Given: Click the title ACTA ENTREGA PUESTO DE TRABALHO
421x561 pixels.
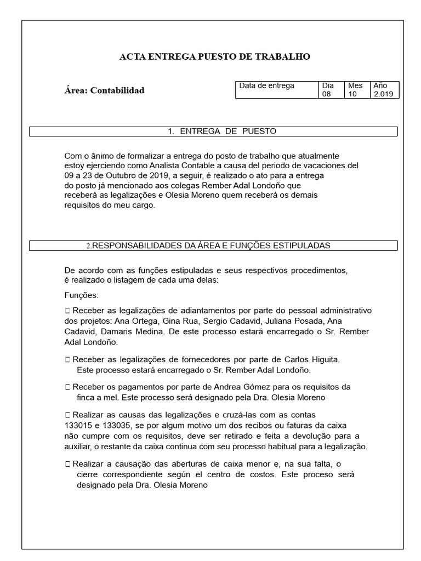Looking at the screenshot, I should [x=215, y=56].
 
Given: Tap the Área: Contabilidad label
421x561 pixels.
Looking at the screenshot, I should [x=104, y=90].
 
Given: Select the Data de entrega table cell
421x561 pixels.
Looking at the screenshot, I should [x=266, y=86].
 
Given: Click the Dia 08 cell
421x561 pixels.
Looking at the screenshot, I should [x=328, y=90].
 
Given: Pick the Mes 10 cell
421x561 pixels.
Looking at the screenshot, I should [x=355, y=90].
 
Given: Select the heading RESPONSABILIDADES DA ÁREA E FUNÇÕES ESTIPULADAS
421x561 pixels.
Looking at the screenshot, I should [x=211, y=246].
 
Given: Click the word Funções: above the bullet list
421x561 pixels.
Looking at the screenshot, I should [x=81, y=296].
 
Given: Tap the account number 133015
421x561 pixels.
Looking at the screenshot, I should [x=80, y=426].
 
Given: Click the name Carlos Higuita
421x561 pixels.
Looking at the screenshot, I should [x=312, y=360].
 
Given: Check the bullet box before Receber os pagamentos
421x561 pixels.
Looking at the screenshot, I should [x=67, y=387].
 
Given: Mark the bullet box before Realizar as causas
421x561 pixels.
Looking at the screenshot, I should [x=67, y=415].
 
